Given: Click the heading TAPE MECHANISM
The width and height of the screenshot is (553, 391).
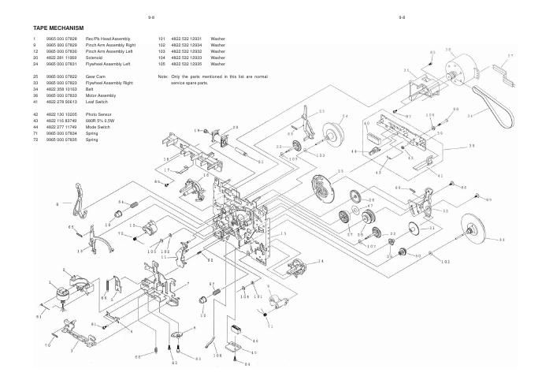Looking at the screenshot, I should pos(58,28).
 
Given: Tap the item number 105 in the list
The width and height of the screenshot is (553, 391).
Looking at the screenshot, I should pos(161,63).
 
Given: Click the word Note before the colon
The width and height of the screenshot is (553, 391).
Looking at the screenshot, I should pos(163,76).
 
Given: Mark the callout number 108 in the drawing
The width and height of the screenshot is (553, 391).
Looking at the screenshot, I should pos(217,356).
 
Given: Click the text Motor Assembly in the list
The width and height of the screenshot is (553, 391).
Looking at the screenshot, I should pos(102,95).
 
